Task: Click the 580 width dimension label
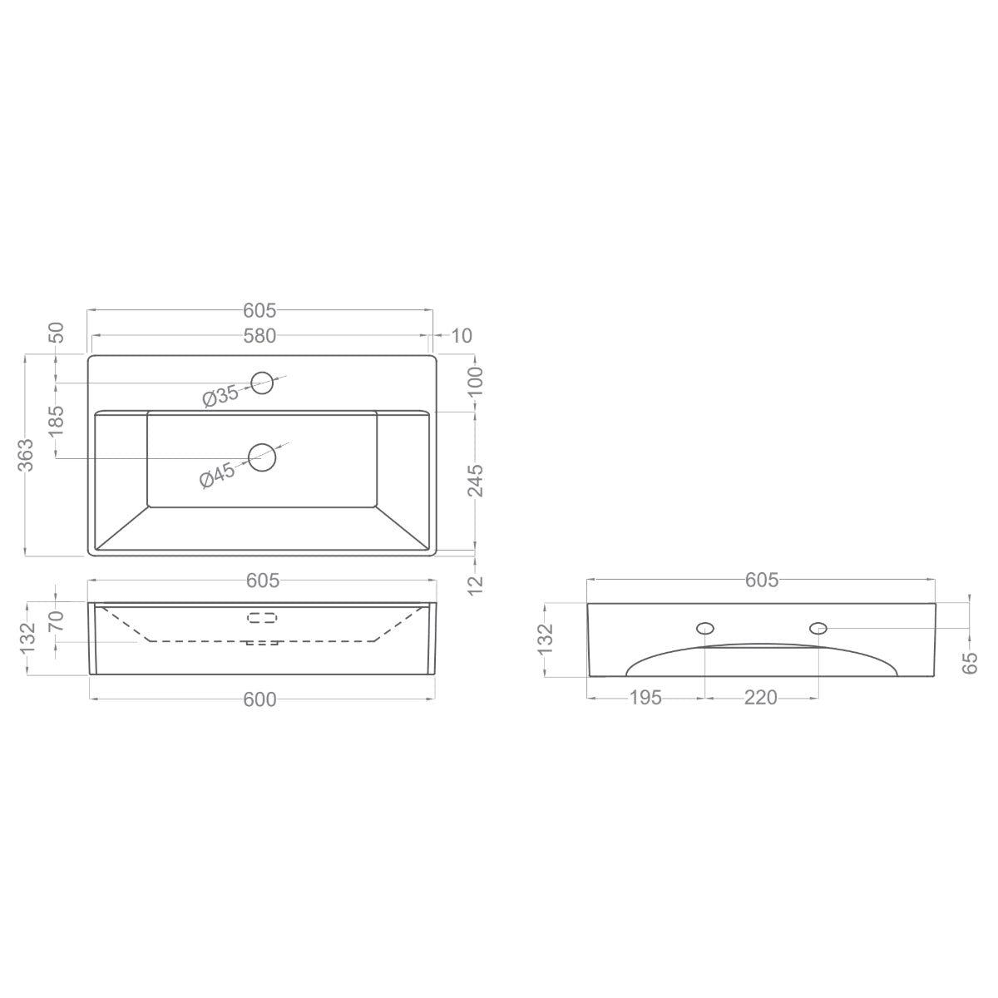point(259,336)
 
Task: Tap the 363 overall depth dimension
point(26,455)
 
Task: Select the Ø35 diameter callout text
point(220,396)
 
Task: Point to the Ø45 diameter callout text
point(217,476)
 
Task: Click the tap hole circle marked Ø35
point(261,383)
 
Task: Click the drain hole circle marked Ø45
point(262,457)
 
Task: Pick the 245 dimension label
point(476,480)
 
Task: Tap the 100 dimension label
point(476,381)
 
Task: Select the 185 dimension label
point(56,421)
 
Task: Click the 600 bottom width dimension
point(260,699)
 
